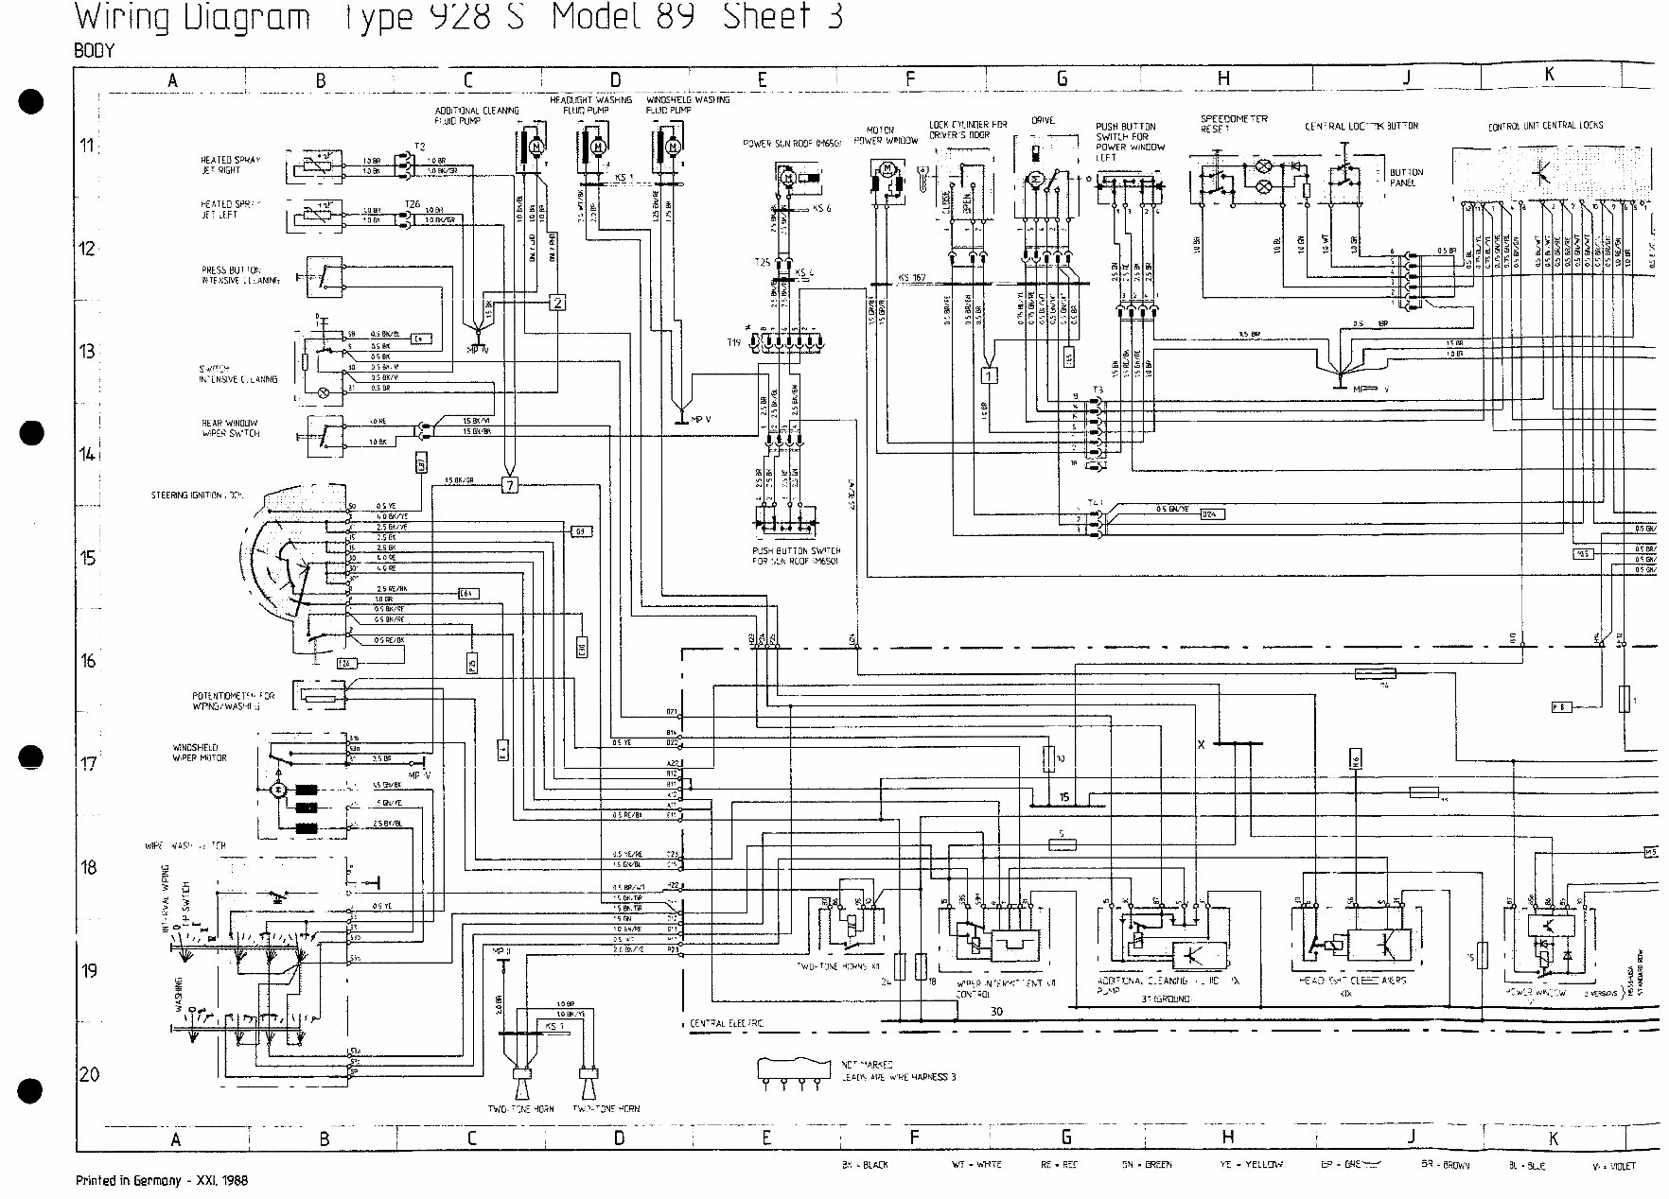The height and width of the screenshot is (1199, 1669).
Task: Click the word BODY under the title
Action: click(x=94, y=51)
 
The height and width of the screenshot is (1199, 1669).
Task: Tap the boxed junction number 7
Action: click(x=510, y=486)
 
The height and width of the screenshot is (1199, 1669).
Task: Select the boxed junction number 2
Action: click(x=558, y=303)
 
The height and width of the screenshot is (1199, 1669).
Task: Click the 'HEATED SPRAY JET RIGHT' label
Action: click(x=230, y=165)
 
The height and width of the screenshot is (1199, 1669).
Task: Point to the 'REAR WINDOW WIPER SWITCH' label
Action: click(x=230, y=428)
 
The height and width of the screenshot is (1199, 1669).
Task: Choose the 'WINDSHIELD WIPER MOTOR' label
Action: click(x=200, y=753)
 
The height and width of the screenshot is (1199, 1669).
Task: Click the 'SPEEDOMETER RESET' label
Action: click(x=1233, y=124)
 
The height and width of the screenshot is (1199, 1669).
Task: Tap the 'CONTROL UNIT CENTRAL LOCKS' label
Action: click(x=1545, y=126)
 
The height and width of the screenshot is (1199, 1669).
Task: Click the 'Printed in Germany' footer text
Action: click(x=161, y=1181)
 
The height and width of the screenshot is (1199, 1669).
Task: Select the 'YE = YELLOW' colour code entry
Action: click(x=1249, y=1165)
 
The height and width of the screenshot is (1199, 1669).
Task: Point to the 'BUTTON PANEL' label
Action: click(x=1406, y=178)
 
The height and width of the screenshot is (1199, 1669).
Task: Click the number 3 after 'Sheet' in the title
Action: click(x=834, y=17)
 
